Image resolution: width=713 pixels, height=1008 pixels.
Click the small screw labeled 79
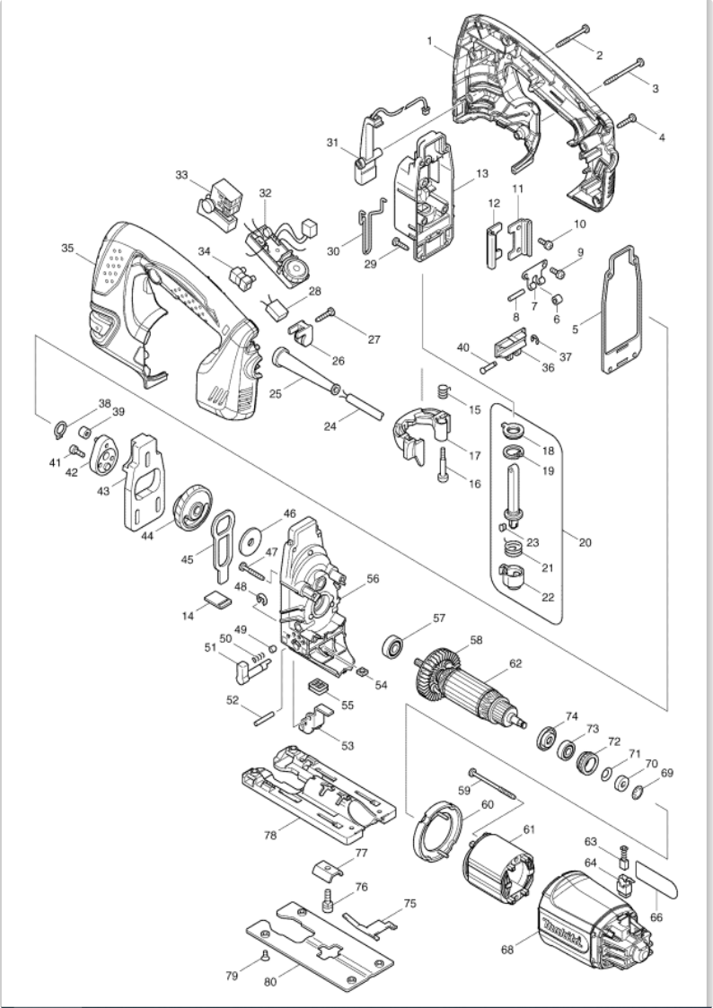coord(266,955)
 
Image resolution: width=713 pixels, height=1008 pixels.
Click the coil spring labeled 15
coord(441,392)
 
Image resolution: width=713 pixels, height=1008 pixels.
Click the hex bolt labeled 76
coord(328,898)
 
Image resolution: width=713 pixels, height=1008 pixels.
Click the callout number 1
coord(431,40)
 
